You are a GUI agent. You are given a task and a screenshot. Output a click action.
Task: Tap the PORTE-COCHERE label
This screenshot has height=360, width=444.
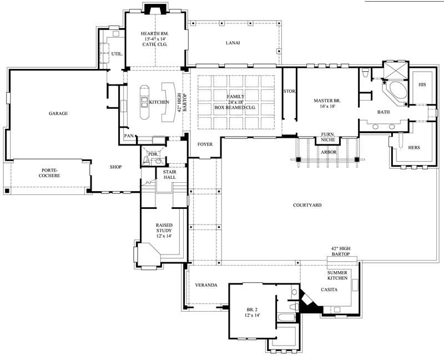click(x=49, y=173)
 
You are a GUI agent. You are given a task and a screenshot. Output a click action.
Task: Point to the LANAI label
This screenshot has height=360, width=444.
click(x=233, y=43)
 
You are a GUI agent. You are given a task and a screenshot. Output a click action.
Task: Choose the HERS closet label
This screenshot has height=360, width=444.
click(x=413, y=148)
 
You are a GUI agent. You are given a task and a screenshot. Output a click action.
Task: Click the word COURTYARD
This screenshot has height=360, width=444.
click(x=307, y=205)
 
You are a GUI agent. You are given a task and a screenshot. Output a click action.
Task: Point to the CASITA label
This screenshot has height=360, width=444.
click(x=329, y=289)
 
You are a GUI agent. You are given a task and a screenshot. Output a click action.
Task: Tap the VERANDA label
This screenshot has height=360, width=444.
click(x=205, y=285)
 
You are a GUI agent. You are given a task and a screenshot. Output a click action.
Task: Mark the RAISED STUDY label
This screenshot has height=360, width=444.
click(x=163, y=231)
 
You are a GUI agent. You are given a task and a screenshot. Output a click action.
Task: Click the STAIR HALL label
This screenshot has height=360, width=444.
click(x=169, y=175)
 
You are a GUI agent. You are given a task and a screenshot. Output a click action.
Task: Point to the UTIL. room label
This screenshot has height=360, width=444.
click(x=116, y=54)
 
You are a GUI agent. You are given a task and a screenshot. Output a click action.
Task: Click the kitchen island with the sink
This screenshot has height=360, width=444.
click(x=144, y=103)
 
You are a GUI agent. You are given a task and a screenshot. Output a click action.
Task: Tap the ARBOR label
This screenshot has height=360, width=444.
click(x=329, y=151)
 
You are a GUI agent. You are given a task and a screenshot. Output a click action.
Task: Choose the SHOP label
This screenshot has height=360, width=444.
click(x=115, y=167)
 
